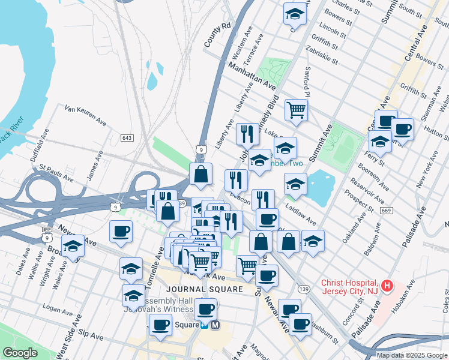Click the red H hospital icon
pos(388,286)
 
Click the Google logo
pos(20,353)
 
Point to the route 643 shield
pos(127,138)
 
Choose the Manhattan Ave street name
pos(252,74)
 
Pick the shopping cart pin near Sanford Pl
pos(296,110)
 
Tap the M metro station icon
pos(216,325)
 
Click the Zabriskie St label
pos(321,53)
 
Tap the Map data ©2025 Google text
pos(412,355)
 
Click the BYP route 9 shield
pos(46,233)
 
